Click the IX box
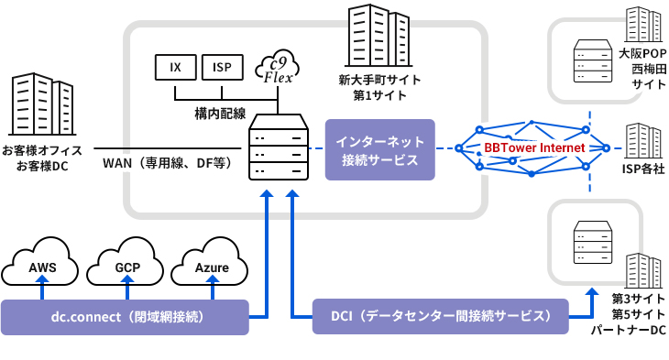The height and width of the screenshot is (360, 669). point(174,67)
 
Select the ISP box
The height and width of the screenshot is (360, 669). point(222,67)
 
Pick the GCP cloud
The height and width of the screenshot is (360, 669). point(127,266)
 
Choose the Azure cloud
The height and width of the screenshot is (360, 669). point(212,266)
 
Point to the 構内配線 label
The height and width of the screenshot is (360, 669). point(220,114)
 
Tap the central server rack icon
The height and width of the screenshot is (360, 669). point(279,147)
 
